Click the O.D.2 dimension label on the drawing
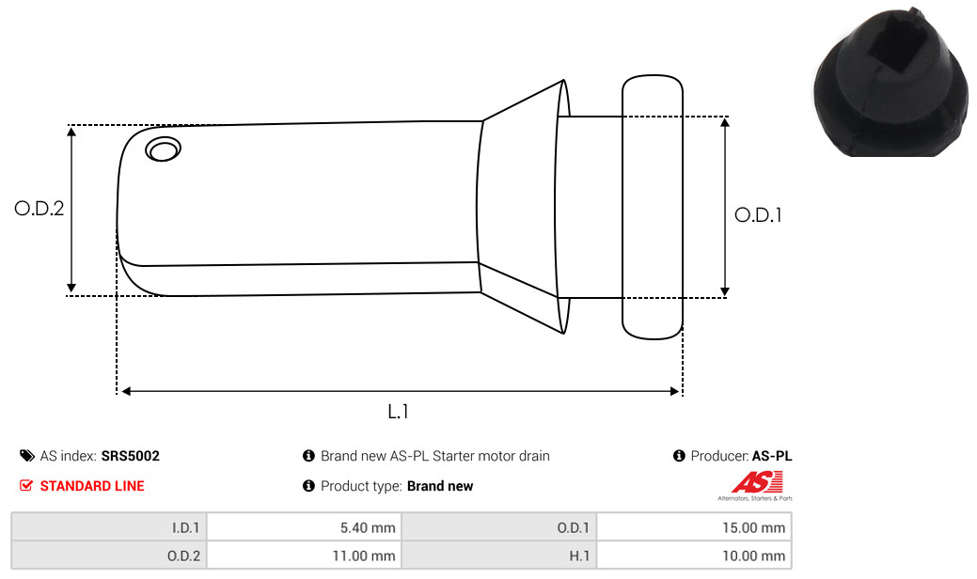click(39, 208)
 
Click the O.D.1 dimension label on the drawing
click(758, 215)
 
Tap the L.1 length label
click(398, 412)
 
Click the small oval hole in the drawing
click(164, 149)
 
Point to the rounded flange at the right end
click(653, 208)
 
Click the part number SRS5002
click(130, 456)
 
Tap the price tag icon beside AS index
click(26, 456)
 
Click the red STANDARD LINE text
click(92, 486)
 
